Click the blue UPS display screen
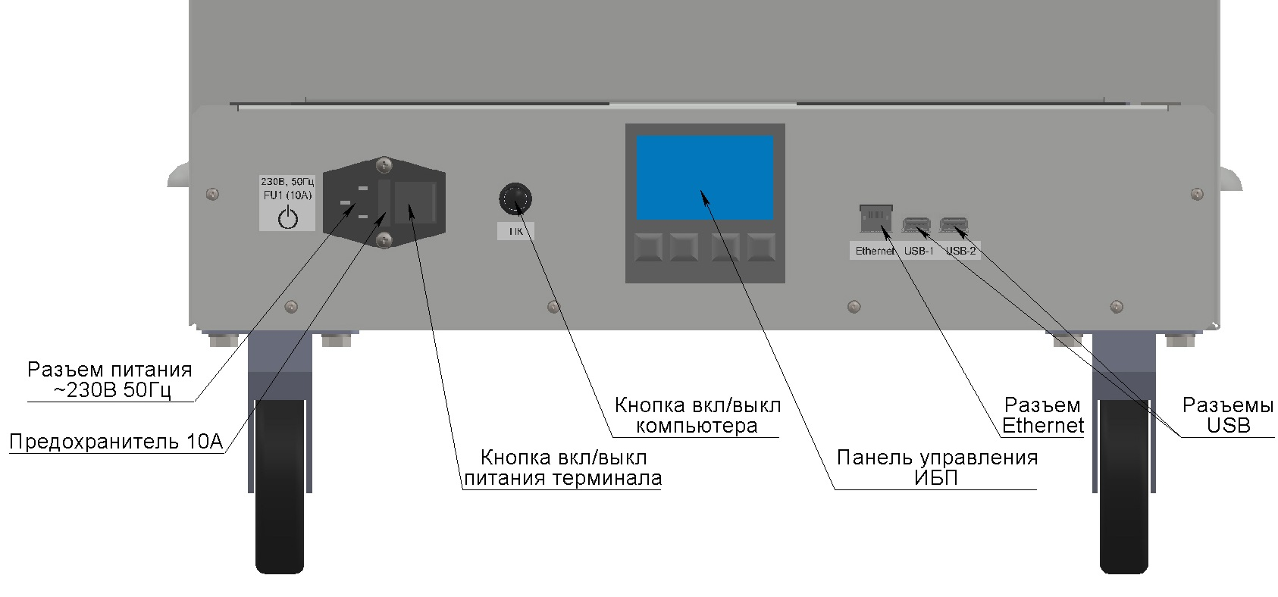tap(705, 177)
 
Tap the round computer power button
tap(515, 199)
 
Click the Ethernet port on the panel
tap(875, 218)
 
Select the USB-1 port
tap(916, 225)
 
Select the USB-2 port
tap(954, 225)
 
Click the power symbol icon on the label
tap(287, 218)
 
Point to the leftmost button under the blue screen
tap(649, 247)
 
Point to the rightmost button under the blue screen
tap(762, 247)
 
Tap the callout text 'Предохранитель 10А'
tap(117, 442)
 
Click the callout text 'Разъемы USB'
tap(1228, 415)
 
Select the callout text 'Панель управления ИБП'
tap(937, 467)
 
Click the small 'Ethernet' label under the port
tap(875, 251)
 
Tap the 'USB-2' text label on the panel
tap(961, 251)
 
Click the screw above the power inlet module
tap(384, 165)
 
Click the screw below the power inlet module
tap(384, 239)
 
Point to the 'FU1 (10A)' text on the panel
tap(287, 195)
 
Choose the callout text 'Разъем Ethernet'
tap(1042, 415)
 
